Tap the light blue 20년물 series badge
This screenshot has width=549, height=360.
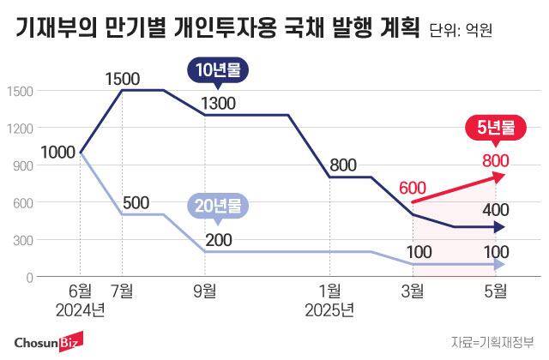click(x=218, y=206)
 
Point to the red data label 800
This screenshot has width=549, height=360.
click(x=495, y=159)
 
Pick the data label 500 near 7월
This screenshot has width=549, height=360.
click(x=136, y=203)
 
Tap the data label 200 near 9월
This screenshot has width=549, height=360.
click(x=219, y=239)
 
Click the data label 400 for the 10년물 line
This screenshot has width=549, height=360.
click(x=495, y=210)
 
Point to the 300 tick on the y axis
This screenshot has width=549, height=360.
click(x=23, y=240)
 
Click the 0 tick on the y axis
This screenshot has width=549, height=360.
click(x=30, y=278)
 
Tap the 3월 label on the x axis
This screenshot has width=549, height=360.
click(x=413, y=291)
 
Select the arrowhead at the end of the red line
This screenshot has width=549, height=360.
click(x=500, y=176)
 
